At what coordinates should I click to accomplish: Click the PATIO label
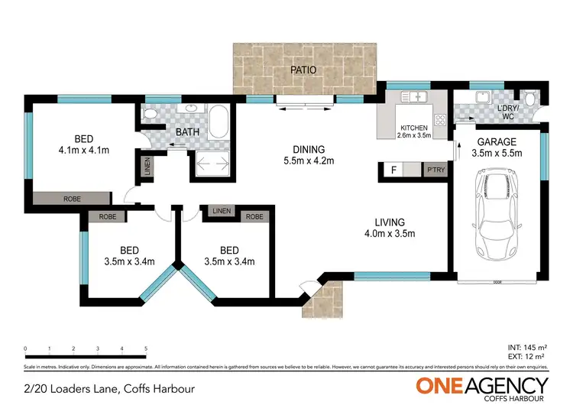click(303, 70)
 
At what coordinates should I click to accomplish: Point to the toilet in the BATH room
click(151, 114)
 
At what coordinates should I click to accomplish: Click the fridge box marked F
click(393, 170)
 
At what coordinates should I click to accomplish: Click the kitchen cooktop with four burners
click(439, 119)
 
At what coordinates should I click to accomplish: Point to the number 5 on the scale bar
click(145, 348)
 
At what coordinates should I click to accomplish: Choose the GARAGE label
click(497, 141)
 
